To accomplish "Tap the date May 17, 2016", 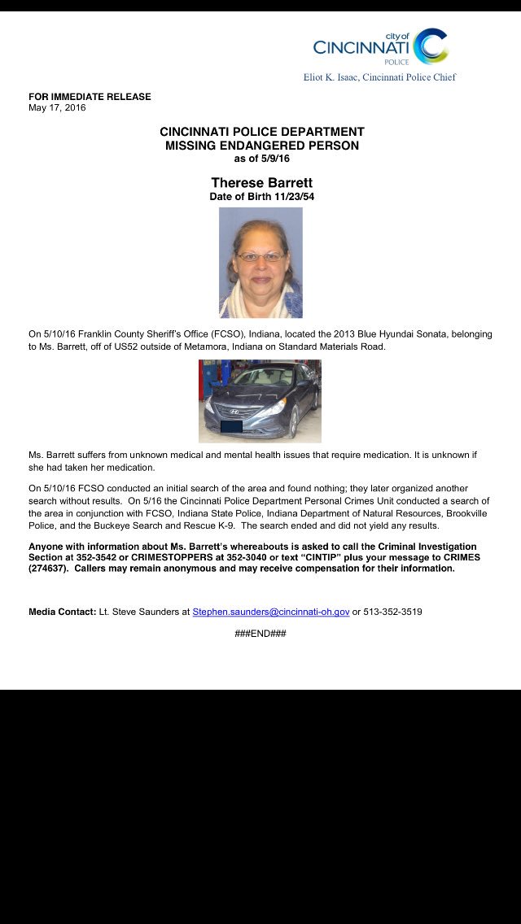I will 57,107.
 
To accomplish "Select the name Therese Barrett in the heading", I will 261,183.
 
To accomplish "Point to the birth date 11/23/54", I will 291,197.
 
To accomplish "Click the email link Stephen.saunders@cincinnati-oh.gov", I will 271,612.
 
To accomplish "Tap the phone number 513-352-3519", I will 392,612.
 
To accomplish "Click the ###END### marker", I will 260,633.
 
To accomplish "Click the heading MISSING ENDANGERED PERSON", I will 261,146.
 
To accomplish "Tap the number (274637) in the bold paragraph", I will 50,569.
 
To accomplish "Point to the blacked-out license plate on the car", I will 232,426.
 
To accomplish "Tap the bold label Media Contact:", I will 62,612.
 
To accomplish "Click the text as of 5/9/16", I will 261,159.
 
